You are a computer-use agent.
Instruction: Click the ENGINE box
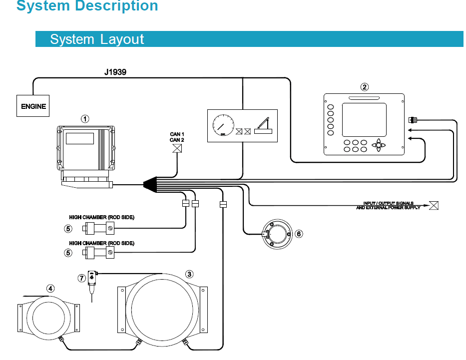pyautogui.click(x=33, y=106)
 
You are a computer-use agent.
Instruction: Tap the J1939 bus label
pyautogui.click(x=115, y=72)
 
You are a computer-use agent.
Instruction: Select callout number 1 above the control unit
pyautogui.click(x=85, y=119)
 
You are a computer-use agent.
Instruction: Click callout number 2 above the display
pyautogui.click(x=365, y=87)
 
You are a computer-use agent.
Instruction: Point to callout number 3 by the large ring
pyautogui.click(x=189, y=274)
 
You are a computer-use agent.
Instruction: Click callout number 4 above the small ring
pyautogui.click(x=50, y=288)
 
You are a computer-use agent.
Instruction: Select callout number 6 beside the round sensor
pyautogui.click(x=299, y=233)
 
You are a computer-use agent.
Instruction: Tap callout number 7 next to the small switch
pyautogui.click(x=82, y=277)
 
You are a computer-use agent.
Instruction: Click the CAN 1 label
pyautogui.click(x=177, y=134)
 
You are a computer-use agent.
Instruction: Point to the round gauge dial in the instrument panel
pyautogui.click(x=223, y=125)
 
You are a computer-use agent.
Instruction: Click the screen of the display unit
pyautogui.click(x=364, y=119)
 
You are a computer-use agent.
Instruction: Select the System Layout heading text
pyautogui.click(x=97, y=39)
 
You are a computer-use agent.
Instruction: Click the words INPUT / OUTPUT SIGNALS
pyautogui.click(x=388, y=203)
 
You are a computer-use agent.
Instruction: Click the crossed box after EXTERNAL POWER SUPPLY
pyautogui.click(x=434, y=205)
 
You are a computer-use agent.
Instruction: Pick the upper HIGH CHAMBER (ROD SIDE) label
pyautogui.click(x=101, y=218)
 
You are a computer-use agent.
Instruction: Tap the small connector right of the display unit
pyautogui.click(x=413, y=120)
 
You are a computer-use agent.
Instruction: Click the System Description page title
pyautogui.click(x=87, y=6)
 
